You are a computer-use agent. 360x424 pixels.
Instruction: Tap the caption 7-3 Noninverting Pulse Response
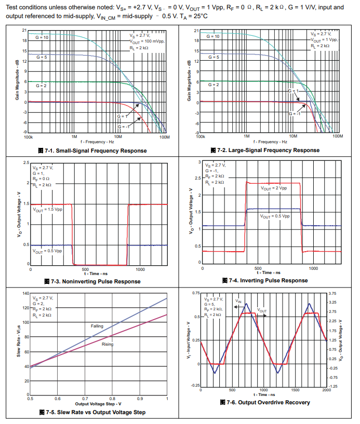click(96, 281)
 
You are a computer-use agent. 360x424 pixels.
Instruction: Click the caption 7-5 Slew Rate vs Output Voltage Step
click(95, 412)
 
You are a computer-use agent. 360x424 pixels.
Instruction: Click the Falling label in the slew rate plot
click(97, 326)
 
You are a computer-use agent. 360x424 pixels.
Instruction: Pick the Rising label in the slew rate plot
click(108, 344)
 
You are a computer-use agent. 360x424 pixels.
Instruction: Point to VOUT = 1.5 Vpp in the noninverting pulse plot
click(47, 210)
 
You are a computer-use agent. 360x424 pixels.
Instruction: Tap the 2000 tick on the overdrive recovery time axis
click(326, 390)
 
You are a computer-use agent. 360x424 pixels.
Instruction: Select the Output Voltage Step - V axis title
click(98, 403)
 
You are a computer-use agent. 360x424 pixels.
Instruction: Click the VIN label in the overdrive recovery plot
click(238, 301)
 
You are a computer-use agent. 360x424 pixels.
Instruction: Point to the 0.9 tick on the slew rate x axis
click(140, 399)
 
